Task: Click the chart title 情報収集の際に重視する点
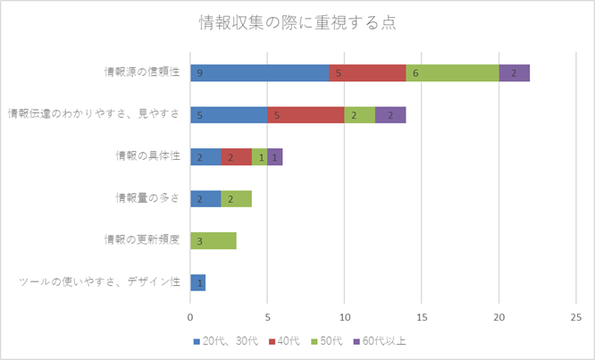[297, 23]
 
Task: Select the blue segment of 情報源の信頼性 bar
[259, 73]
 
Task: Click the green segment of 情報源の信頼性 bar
[452, 73]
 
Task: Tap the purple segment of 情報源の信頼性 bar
[514, 73]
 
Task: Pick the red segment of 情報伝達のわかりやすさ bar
[306, 114]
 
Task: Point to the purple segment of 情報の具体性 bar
[275, 156]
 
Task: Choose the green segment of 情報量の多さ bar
[236, 198]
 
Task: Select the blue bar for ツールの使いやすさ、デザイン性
[197, 282]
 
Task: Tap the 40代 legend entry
[285, 340]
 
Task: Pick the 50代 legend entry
[331, 340]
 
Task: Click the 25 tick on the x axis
[576, 316]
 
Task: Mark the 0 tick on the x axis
[190, 316]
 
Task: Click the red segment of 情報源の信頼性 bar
[367, 73]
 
